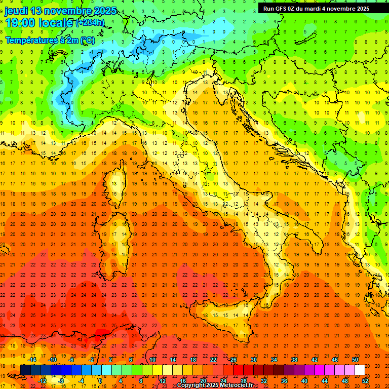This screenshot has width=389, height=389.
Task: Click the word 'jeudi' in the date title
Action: click(16, 11)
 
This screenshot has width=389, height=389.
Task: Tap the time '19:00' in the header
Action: click(21, 23)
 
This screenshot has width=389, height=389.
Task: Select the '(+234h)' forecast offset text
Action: click(90, 22)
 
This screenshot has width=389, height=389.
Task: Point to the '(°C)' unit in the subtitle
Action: click(87, 40)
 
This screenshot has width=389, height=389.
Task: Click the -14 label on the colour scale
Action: click(32, 360)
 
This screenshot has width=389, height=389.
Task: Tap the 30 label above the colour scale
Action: click(253, 360)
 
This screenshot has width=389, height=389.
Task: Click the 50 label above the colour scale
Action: click(355, 360)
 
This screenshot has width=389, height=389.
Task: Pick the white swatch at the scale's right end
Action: click(360, 370)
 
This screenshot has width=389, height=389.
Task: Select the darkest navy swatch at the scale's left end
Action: click(25, 370)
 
